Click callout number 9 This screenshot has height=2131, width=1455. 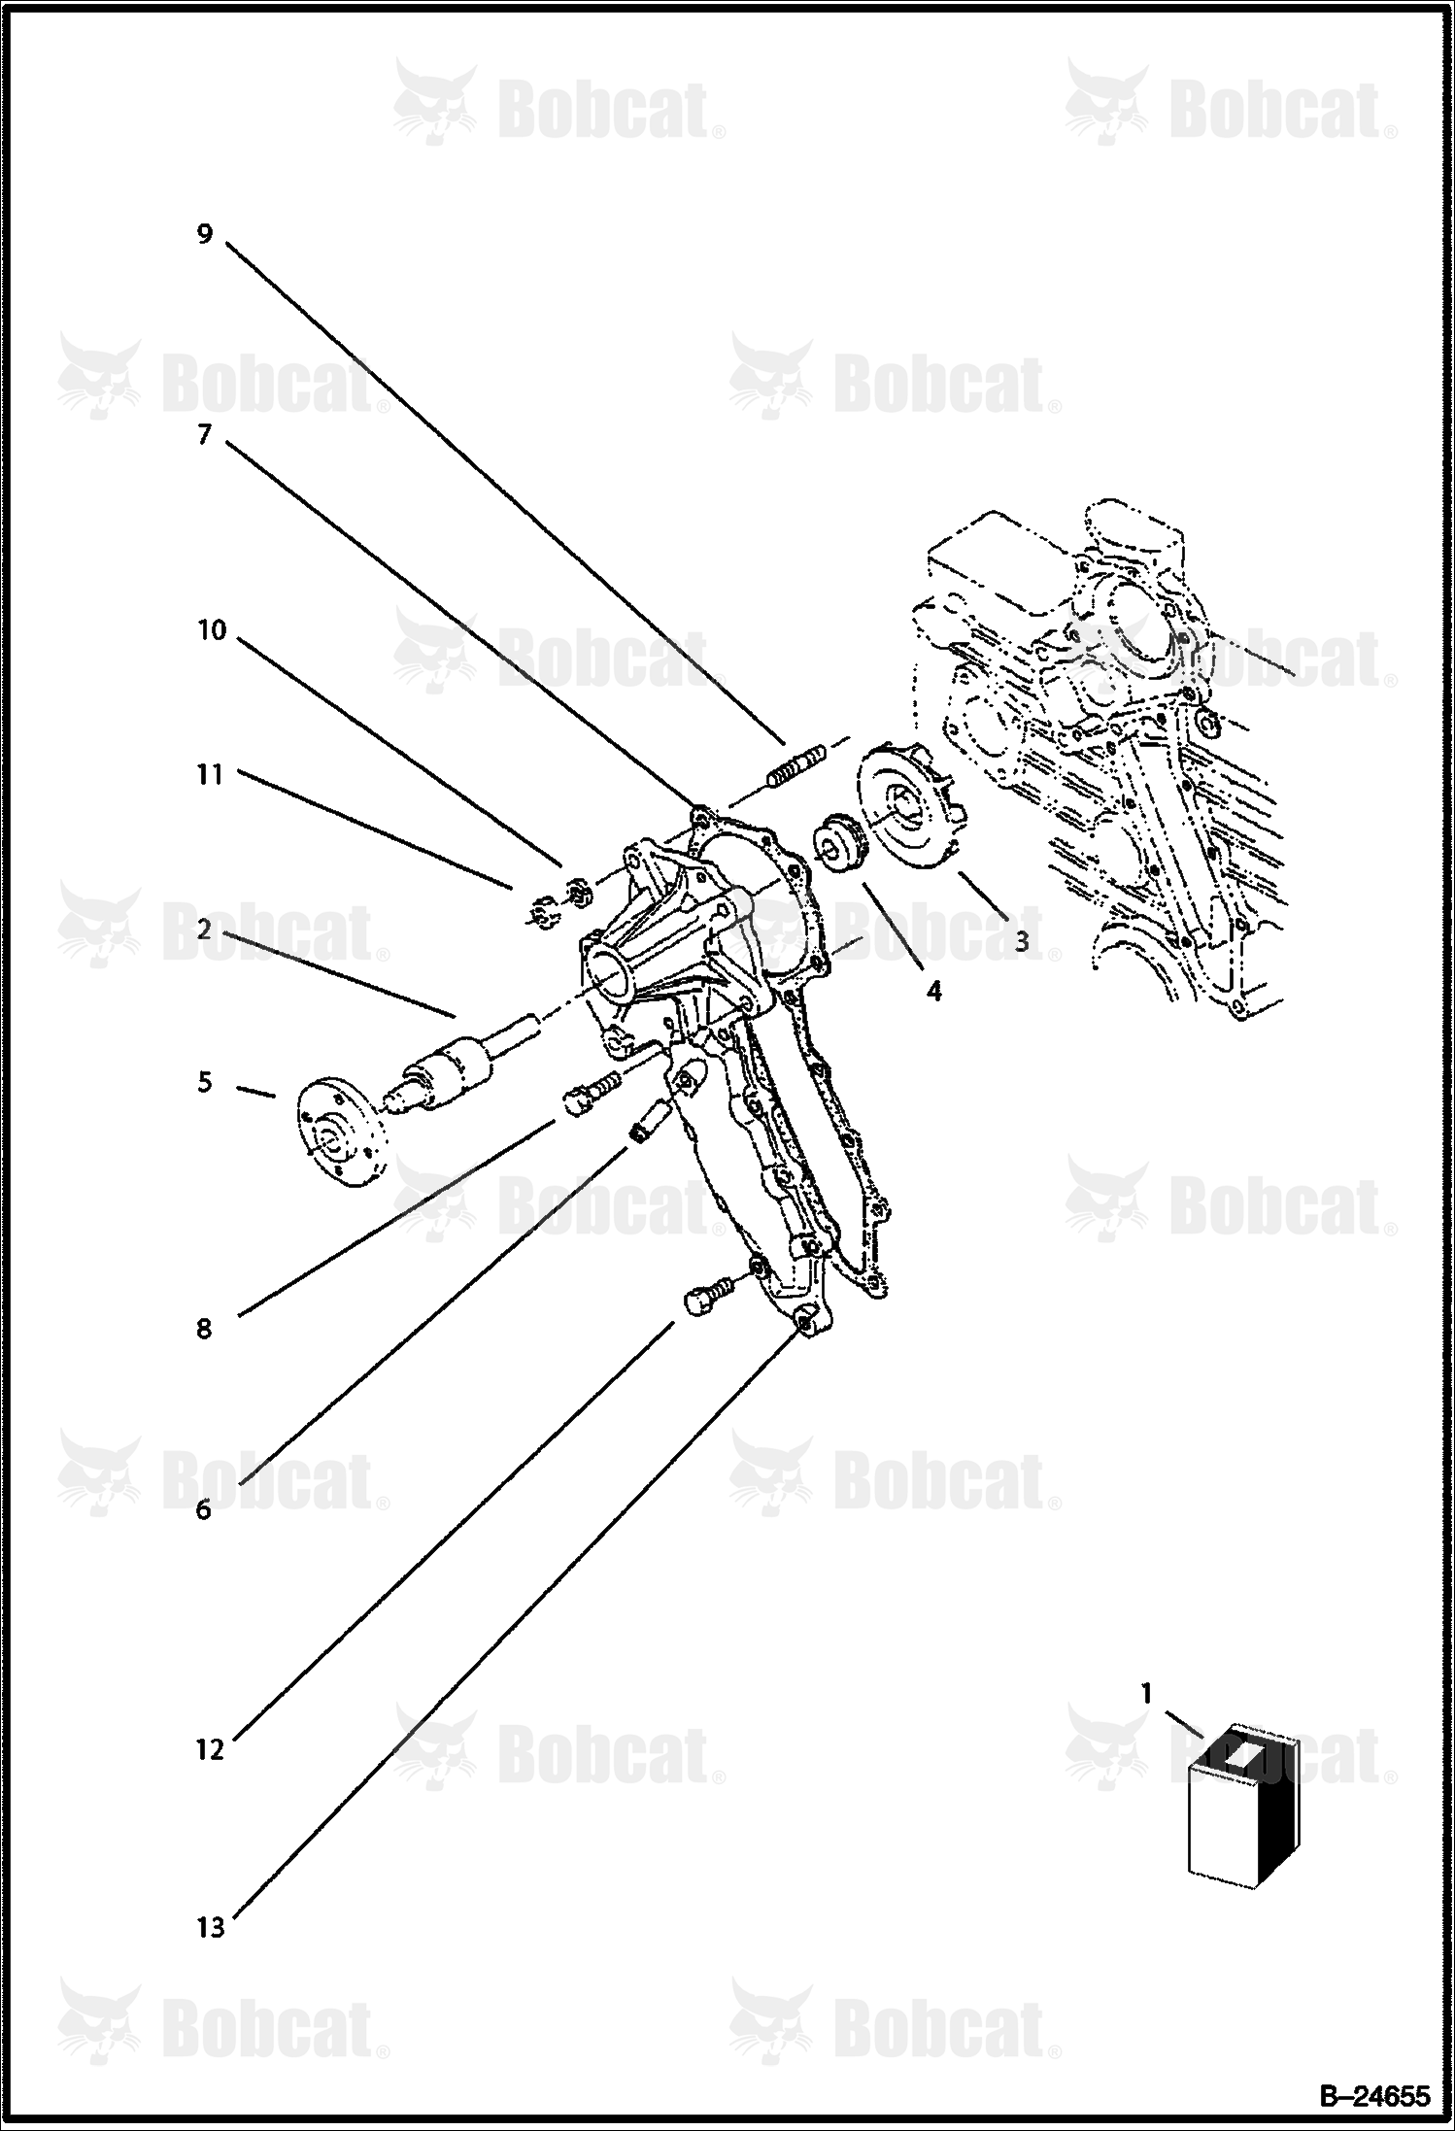pyautogui.click(x=204, y=234)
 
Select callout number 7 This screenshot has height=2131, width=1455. pyautogui.click(x=204, y=434)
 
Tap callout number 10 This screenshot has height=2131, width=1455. pyautogui.click(x=211, y=630)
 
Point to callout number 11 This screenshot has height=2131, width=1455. pyautogui.click(x=210, y=774)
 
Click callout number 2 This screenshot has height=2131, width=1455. pyautogui.click(x=204, y=930)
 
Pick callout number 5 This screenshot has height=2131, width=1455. pyautogui.click(x=204, y=1081)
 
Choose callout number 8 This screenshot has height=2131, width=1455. pyautogui.click(x=204, y=1328)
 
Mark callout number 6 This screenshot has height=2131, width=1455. pyautogui.click(x=204, y=1510)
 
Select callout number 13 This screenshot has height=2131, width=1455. pyautogui.click(x=211, y=1927)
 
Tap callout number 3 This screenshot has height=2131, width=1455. pyautogui.click(x=1022, y=940)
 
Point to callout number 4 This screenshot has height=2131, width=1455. pyautogui.click(x=933, y=991)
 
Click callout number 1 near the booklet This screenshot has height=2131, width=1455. pyautogui.click(x=1146, y=1694)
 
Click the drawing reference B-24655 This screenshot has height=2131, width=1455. pyautogui.click(x=1374, y=2097)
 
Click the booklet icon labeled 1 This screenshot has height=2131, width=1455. pyautogui.click(x=1230, y=1807)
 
